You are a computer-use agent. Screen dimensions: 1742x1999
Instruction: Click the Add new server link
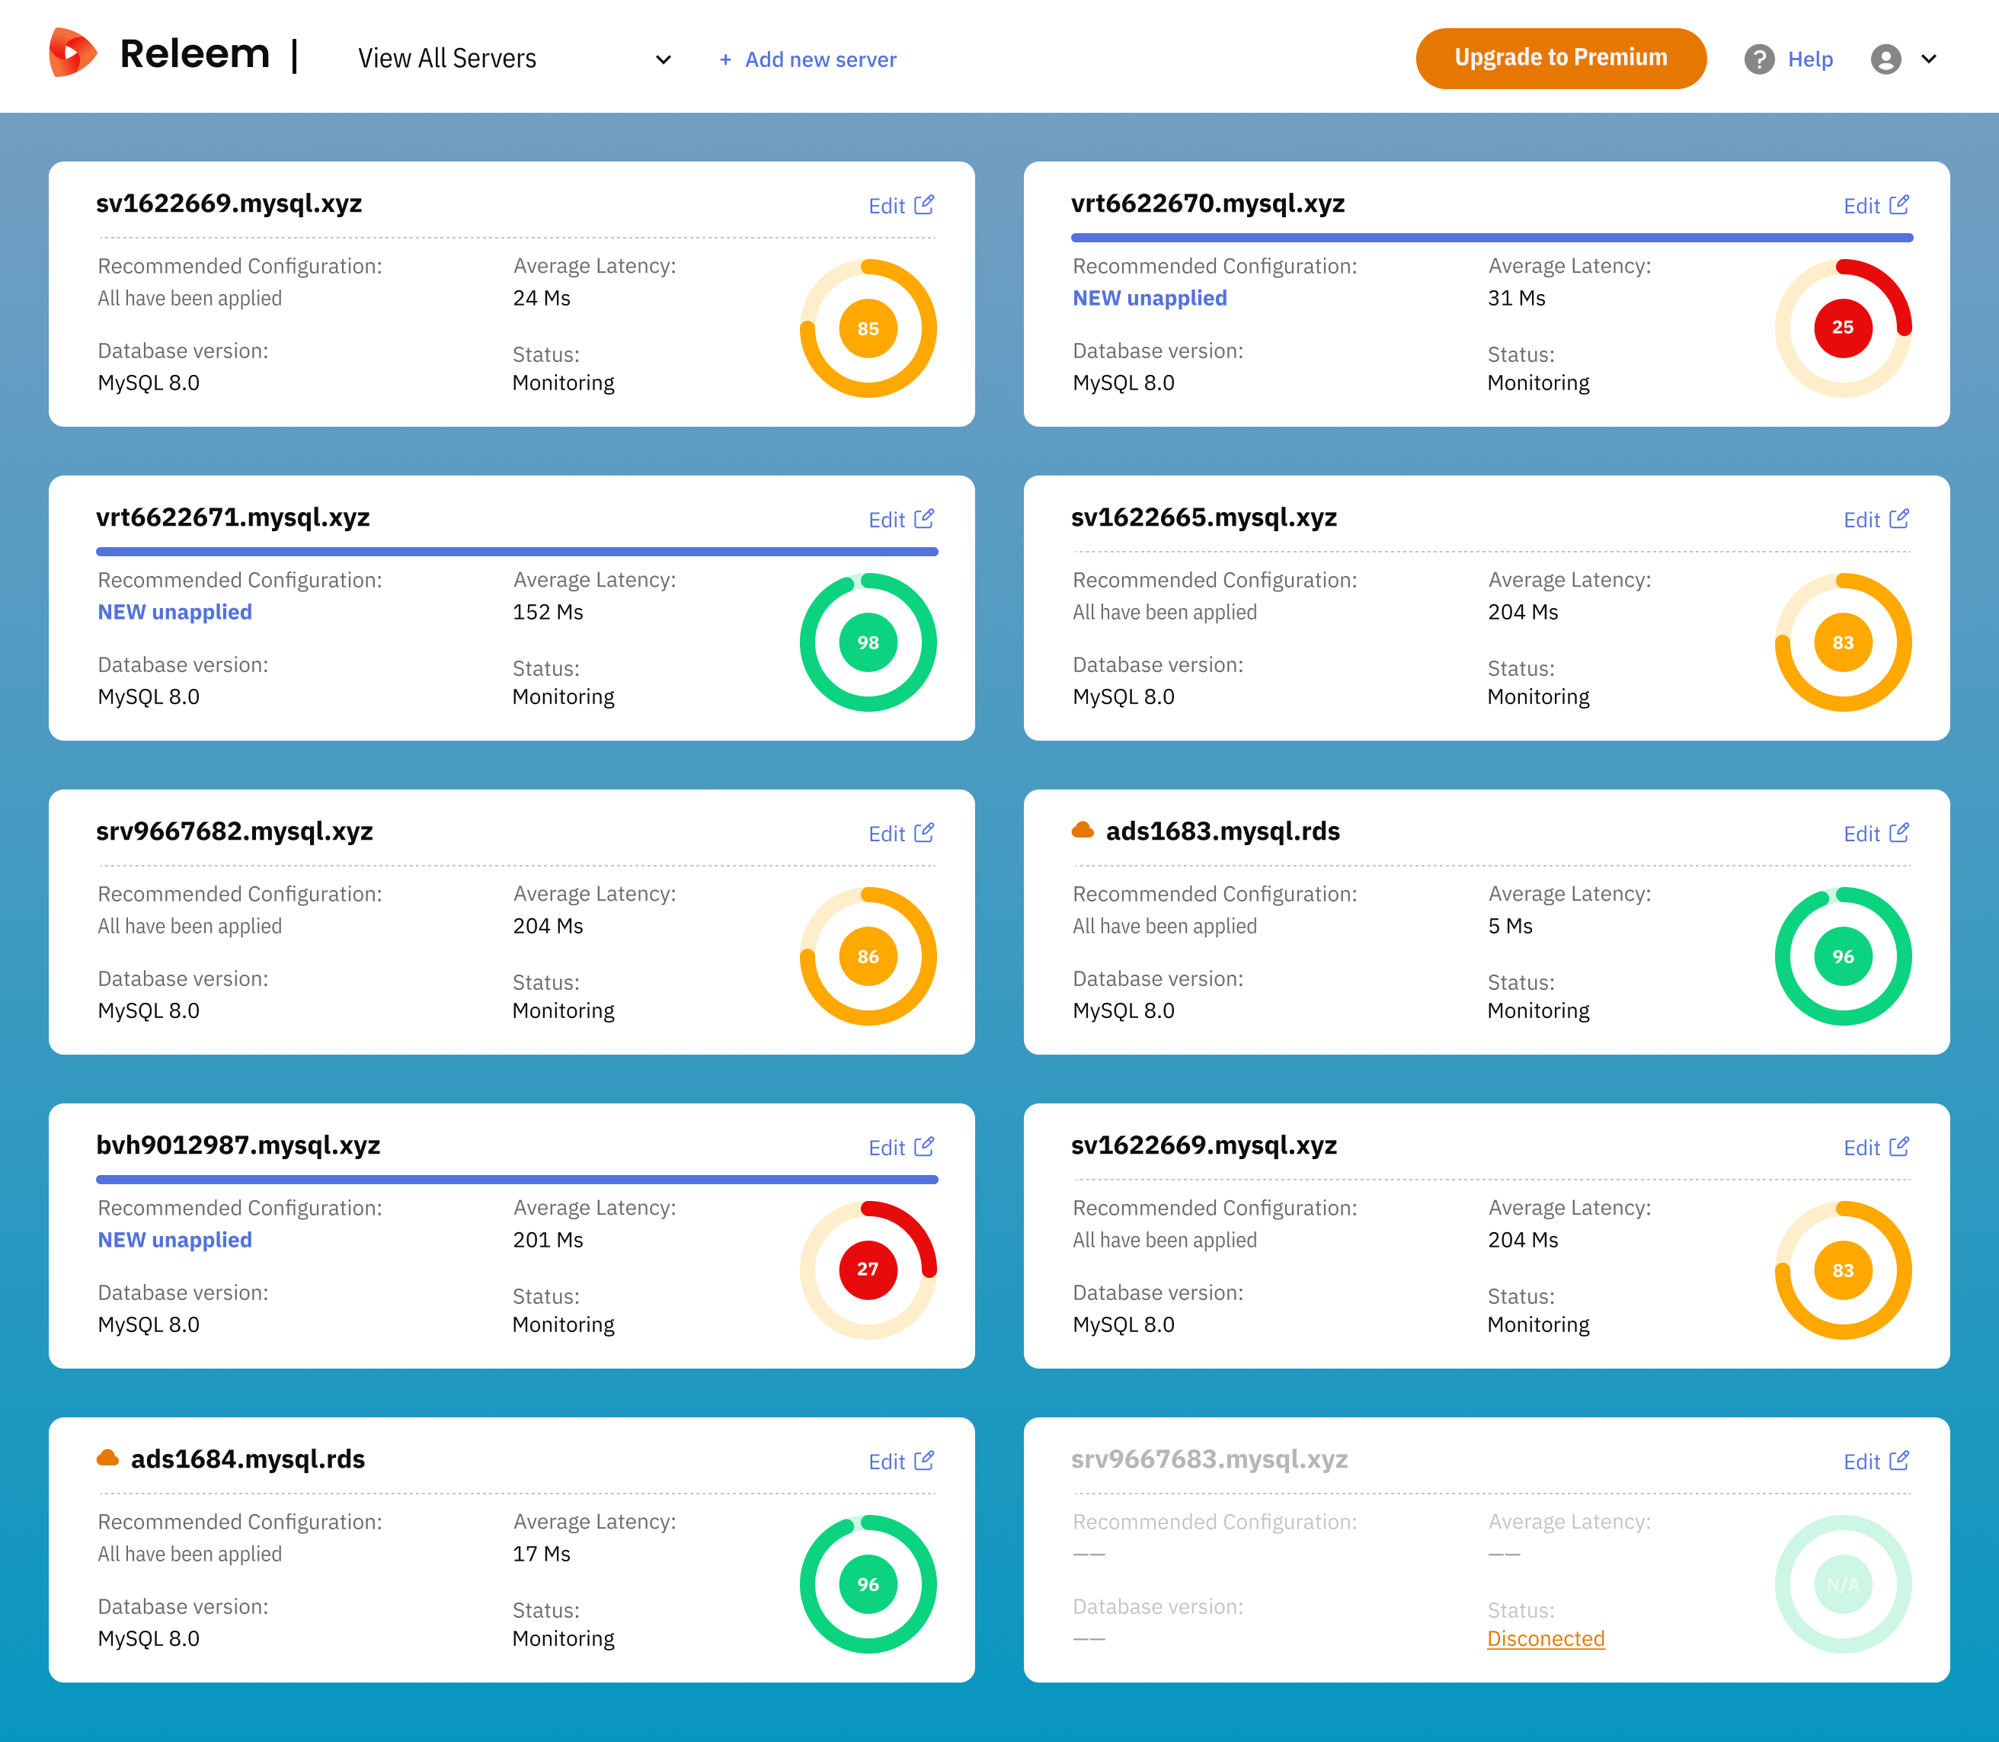(x=808, y=59)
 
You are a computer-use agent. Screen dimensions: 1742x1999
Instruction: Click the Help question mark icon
(x=1758, y=59)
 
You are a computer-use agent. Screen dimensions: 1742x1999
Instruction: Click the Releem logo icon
(x=72, y=53)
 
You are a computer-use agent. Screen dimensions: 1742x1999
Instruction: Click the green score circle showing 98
(x=867, y=642)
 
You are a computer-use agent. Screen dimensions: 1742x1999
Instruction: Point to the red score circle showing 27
(x=867, y=1270)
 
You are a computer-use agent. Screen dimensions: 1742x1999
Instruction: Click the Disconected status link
(x=1545, y=1639)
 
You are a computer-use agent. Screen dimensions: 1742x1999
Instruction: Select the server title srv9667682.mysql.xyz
(x=234, y=831)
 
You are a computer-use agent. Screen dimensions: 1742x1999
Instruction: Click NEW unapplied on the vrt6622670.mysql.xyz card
(x=1149, y=299)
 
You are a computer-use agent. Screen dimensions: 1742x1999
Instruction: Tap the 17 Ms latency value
(x=542, y=1554)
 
